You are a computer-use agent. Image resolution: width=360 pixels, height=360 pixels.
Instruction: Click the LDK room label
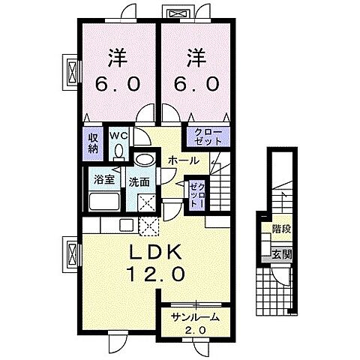click(x=155, y=253)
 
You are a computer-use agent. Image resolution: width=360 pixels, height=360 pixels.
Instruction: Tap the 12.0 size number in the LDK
click(x=157, y=274)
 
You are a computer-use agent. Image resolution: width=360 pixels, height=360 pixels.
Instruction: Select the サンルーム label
click(x=195, y=317)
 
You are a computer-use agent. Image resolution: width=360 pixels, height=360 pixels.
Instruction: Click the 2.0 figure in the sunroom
click(x=195, y=330)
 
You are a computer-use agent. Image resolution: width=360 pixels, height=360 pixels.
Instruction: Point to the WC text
click(x=119, y=136)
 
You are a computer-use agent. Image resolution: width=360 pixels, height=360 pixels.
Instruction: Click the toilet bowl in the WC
click(x=118, y=152)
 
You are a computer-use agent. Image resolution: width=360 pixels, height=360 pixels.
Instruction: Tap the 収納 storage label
click(x=92, y=143)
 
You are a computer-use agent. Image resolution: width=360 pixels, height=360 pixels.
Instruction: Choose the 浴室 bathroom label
click(x=104, y=180)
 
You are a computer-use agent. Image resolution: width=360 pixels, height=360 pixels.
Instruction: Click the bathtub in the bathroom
click(x=103, y=201)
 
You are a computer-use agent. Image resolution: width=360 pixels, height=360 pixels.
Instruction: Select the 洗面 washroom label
click(x=139, y=182)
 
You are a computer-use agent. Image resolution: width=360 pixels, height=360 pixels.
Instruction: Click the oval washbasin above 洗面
click(x=145, y=159)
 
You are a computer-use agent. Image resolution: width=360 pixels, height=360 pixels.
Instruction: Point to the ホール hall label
click(x=184, y=160)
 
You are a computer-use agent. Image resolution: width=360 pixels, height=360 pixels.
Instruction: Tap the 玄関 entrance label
click(x=282, y=255)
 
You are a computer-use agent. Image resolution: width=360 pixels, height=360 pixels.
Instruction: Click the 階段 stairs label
click(x=282, y=229)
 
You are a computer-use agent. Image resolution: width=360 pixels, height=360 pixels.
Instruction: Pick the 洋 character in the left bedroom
click(x=118, y=58)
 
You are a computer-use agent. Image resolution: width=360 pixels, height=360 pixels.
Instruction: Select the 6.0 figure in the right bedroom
click(x=196, y=83)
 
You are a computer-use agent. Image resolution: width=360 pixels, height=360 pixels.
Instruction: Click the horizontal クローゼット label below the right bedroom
click(x=208, y=137)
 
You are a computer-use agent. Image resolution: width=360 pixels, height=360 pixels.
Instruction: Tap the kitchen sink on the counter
click(x=127, y=225)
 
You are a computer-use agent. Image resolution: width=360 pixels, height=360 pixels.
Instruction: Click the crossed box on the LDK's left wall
click(x=72, y=254)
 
